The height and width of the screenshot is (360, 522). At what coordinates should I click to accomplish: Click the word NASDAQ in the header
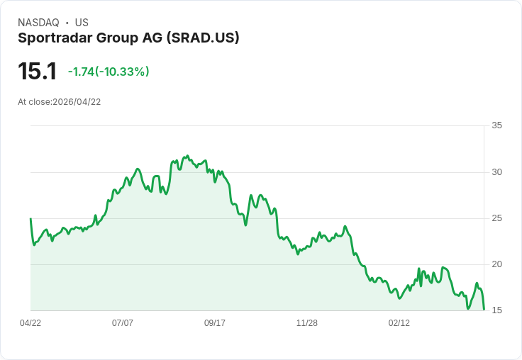coord(39,23)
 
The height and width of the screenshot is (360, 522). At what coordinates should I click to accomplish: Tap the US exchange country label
coord(82,23)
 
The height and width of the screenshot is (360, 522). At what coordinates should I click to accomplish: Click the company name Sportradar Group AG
coord(90,38)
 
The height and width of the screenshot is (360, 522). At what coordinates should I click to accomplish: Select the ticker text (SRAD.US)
coord(202,38)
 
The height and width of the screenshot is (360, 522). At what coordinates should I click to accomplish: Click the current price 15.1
coord(37,72)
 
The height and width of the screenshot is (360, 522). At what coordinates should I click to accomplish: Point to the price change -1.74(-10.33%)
coord(109,72)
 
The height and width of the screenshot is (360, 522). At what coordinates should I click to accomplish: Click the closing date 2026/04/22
coord(77,102)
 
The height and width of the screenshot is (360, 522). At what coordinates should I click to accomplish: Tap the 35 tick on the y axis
coord(497,126)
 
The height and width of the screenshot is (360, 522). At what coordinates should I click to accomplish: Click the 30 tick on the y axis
coord(497,172)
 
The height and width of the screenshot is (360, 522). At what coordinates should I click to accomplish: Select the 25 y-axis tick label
coord(497,218)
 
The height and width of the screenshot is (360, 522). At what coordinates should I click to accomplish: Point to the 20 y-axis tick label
coord(497,264)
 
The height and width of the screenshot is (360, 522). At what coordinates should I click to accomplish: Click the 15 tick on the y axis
coord(497,310)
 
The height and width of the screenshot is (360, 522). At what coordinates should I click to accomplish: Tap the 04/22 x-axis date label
coord(30,323)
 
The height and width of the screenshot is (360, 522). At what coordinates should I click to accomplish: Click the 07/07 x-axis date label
coord(123,323)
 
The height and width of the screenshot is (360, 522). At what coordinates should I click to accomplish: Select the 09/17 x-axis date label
coord(215,323)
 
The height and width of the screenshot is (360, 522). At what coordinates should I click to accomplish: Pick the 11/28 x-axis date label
coord(307,323)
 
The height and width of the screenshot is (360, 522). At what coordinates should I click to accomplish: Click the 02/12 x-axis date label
coord(399,323)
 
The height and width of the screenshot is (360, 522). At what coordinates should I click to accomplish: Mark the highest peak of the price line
coord(187,155)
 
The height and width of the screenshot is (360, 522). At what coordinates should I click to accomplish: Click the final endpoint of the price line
coord(484,309)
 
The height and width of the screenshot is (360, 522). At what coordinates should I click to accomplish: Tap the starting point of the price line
coord(30,219)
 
